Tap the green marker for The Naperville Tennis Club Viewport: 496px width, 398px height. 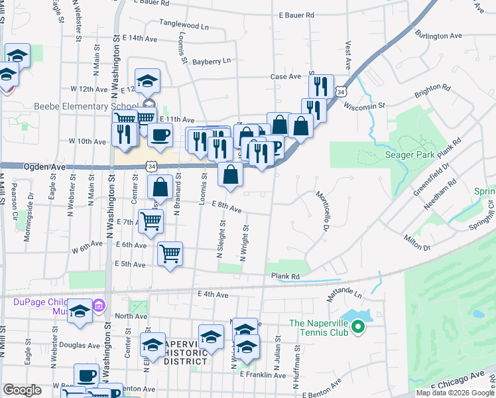[357, 326]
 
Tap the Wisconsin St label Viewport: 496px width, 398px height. [364, 106]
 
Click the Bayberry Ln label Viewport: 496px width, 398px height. [212, 61]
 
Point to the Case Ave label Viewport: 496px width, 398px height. [286, 77]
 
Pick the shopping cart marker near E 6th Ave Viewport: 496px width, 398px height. [170, 253]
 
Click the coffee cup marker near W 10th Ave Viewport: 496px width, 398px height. [160, 135]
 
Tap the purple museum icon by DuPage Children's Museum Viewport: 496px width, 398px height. [99, 306]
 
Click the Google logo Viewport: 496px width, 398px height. [23, 390]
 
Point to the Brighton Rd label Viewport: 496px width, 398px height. [432, 88]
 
